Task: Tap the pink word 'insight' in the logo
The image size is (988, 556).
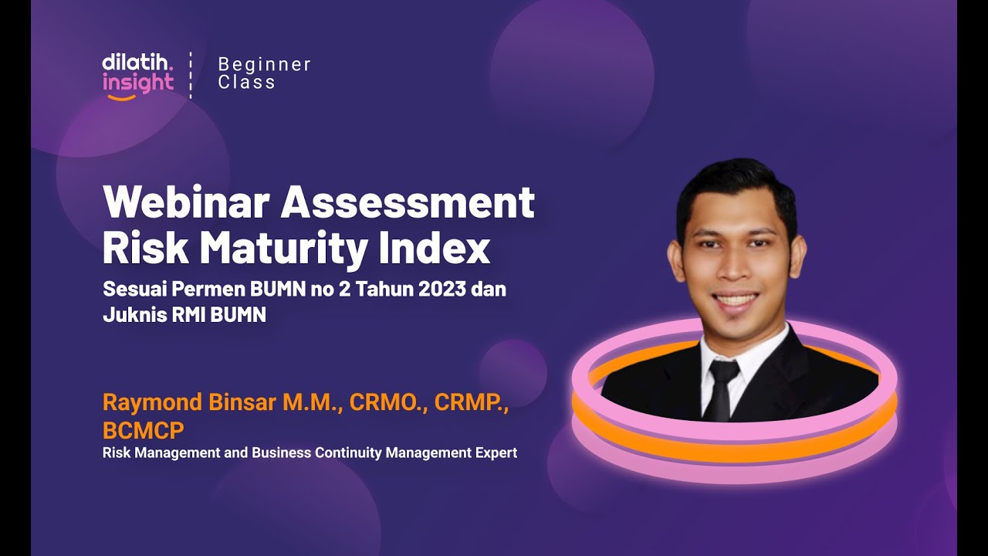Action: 137,83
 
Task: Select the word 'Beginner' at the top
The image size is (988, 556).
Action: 264,64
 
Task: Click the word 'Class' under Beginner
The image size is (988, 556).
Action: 246,83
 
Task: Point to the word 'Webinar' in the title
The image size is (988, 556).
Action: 187,203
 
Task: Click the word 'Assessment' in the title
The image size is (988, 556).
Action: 408,203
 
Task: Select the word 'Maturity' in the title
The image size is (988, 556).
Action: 286,249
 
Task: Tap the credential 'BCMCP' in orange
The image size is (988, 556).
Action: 144,429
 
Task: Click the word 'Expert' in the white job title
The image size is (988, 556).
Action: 495,453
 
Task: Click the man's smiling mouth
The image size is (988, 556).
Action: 735,300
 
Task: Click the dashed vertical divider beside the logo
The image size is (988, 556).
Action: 191,75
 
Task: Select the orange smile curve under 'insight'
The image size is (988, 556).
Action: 121,97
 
